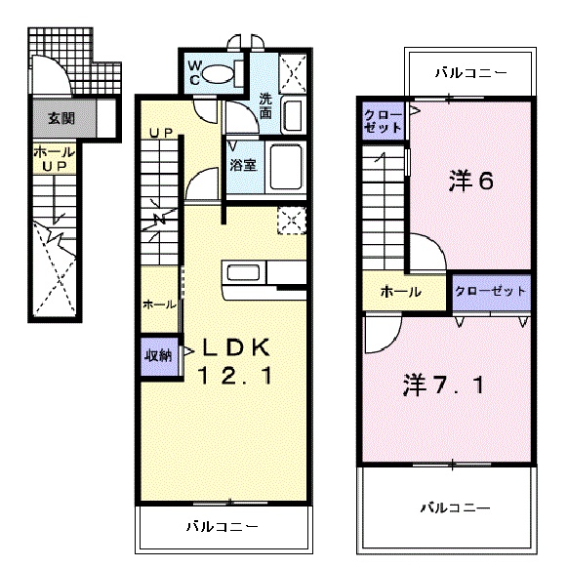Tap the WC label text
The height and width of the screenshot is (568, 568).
point(196,74)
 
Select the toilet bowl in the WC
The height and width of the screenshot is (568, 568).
point(223,71)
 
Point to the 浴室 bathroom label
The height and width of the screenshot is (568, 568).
point(243,165)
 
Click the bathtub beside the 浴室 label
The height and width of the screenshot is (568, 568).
point(287,167)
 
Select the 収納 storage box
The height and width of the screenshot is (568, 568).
point(158,354)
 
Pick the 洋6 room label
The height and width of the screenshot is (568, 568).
point(469,181)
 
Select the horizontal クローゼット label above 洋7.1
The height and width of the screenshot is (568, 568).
point(491,291)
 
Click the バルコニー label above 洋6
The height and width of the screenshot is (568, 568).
point(470,72)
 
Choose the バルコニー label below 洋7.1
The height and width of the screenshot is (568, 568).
point(456,508)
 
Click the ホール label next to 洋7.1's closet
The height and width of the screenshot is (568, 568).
point(400,292)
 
